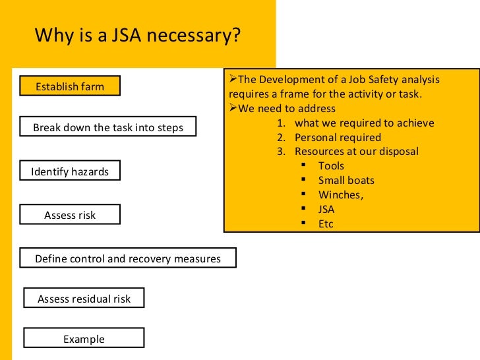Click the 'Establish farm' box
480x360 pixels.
point(70,86)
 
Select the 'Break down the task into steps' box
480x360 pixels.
point(108,127)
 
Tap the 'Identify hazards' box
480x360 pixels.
point(70,172)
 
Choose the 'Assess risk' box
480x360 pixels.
point(70,215)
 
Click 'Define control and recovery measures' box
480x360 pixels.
point(128,258)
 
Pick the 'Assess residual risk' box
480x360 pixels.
point(84,299)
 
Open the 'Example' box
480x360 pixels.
point(84,339)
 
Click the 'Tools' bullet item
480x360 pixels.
point(331,166)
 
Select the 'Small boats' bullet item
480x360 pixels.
point(346,180)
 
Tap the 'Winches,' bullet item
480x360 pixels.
point(341,195)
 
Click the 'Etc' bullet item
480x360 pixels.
point(326,224)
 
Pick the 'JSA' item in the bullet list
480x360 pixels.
point(326,210)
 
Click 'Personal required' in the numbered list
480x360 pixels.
point(338,138)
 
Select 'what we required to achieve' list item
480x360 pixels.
point(364,123)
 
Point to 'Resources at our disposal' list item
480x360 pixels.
point(356,152)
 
